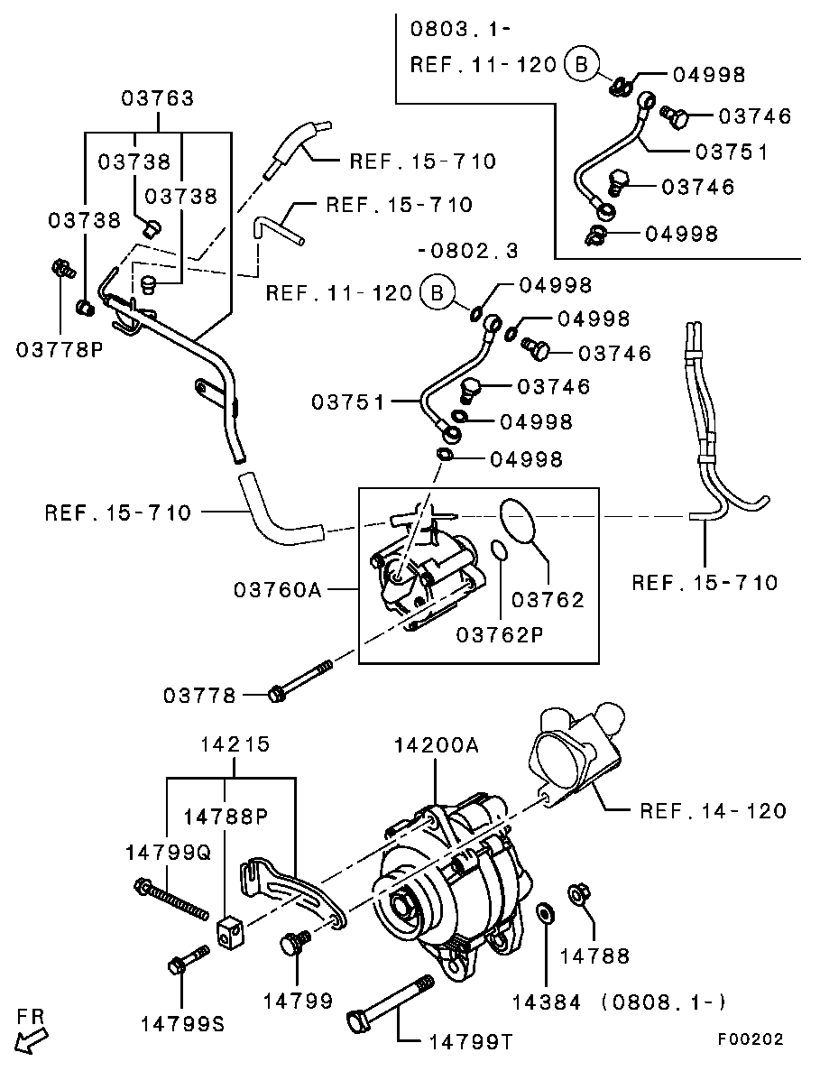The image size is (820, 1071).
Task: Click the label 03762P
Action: (499, 634)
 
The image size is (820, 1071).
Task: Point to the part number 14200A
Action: (436, 745)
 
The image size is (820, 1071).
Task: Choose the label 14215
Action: (235, 745)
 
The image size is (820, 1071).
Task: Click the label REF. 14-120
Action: (712, 810)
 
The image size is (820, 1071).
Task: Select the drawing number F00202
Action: (751, 1039)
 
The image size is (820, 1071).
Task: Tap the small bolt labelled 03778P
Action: (62, 269)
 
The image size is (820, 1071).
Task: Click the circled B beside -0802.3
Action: (437, 292)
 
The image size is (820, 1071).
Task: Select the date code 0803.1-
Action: (460, 28)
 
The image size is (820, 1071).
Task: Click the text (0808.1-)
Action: (665, 1002)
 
